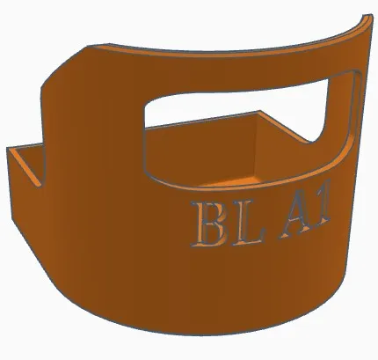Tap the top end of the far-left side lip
point(13,151)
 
